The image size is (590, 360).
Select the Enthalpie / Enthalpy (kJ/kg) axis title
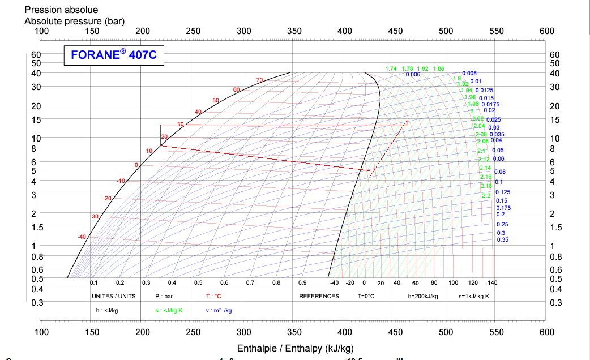point(295,348)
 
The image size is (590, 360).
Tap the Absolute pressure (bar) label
point(74,21)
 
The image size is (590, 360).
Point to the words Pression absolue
point(61,10)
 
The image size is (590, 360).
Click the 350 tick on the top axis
point(294,31)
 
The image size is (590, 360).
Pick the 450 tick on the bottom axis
point(395,332)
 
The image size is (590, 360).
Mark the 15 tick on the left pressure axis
point(36,119)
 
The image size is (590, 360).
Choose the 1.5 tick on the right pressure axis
point(555,227)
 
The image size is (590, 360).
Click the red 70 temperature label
point(259,80)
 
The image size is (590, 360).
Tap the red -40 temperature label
point(82,237)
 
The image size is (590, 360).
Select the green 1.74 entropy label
point(391,68)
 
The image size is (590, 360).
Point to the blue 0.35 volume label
point(502,240)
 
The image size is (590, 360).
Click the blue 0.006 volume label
point(413,75)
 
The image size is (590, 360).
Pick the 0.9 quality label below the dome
point(302,282)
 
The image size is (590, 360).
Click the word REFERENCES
point(319,296)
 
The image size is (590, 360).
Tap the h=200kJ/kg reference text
point(423,296)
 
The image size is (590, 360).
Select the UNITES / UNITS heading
point(113,296)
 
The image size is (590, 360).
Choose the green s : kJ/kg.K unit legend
point(173,310)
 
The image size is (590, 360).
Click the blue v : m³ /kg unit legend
point(219,310)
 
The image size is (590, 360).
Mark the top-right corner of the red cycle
point(407,122)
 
